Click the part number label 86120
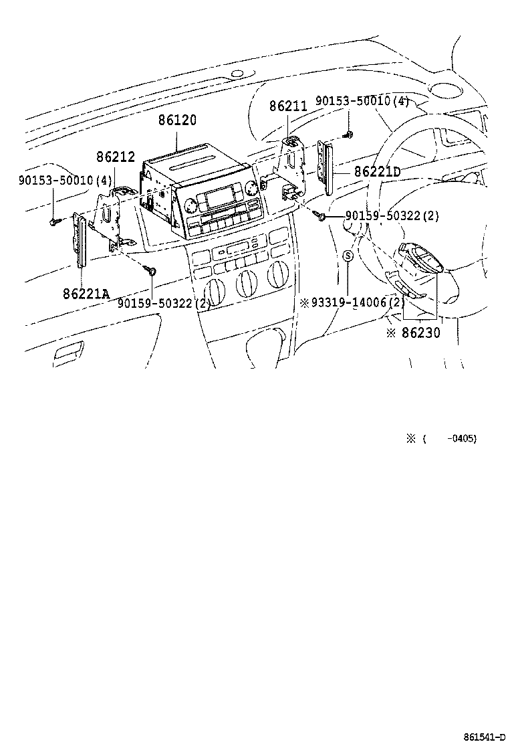177,121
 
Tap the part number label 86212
116,158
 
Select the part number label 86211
288,106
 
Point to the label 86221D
377,173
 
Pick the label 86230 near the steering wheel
420,332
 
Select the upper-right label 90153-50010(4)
362,101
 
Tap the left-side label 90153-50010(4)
66,179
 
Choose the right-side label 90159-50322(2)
392,215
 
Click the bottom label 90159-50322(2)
164,303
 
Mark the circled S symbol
348,256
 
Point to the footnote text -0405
463,439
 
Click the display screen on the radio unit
219,198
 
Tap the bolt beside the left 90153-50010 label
54,221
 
